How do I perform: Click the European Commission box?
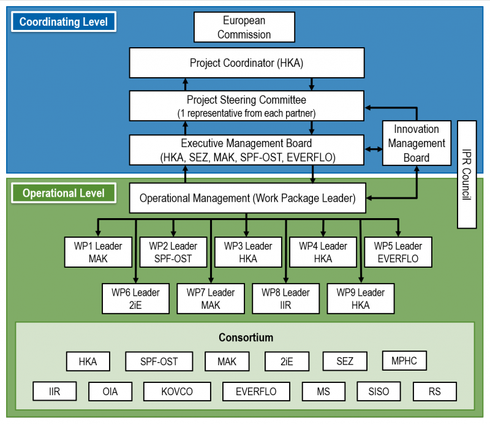[244, 28]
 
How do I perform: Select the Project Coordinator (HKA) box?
[247, 63]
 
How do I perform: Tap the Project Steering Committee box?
[247, 105]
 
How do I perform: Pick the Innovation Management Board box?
[416, 143]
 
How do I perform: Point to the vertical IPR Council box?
[467, 174]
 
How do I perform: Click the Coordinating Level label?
[64, 22]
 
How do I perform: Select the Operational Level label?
[64, 193]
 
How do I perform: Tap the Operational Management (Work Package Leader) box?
[247, 199]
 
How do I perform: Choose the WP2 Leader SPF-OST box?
[173, 252]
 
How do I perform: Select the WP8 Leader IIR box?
[285, 298]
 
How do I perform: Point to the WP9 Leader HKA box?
[360, 298]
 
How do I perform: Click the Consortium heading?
[246, 338]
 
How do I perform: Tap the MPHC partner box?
[404, 361]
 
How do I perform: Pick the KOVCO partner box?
[177, 391]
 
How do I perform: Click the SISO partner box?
[378, 391]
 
